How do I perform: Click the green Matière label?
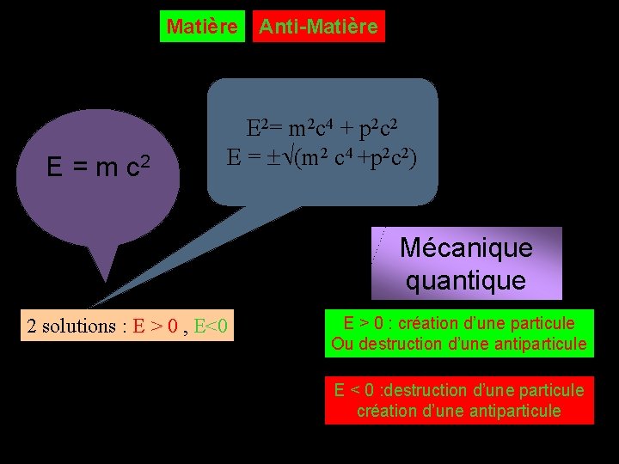coord(202,27)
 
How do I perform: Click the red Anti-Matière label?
coord(318,27)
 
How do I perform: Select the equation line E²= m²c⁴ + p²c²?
coord(322,130)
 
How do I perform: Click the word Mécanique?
coord(466,248)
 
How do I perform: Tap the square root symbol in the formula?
coord(287,158)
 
